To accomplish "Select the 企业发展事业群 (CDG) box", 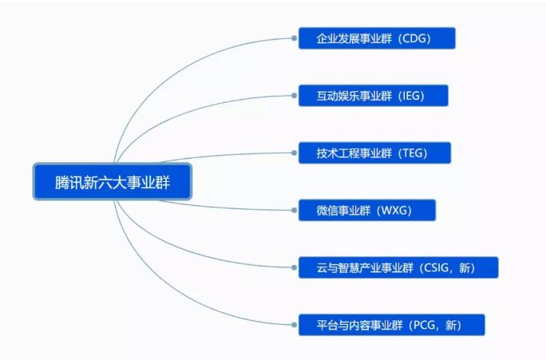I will (x=377, y=38).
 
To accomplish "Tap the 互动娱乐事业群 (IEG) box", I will (x=374, y=96).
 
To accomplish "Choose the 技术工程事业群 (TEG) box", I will (x=375, y=152).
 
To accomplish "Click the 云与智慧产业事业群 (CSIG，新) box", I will (x=398, y=267).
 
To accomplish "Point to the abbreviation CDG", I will (x=415, y=38).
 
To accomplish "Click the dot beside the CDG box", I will (x=294, y=38).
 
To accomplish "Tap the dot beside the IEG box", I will (x=294, y=96).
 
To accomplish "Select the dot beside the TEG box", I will (x=294, y=152).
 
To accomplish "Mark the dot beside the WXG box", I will (x=294, y=211).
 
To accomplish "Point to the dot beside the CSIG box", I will (x=294, y=267).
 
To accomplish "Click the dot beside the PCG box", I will (x=294, y=325).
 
